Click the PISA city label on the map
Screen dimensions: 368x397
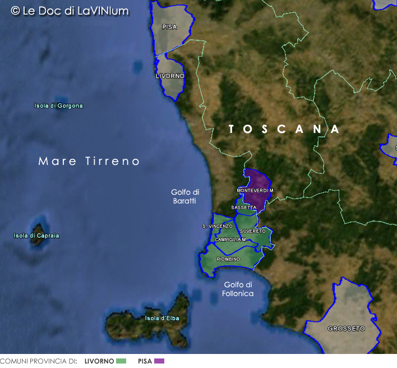tap(169, 27)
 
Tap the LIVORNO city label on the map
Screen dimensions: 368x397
tap(170, 76)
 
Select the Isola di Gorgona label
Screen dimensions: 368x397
tap(58, 106)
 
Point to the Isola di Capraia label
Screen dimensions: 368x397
tap(36, 236)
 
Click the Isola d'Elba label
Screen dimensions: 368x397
tap(162, 319)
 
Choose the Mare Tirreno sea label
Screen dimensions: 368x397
tap(89, 161)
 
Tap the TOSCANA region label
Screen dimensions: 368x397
tap(284, 130)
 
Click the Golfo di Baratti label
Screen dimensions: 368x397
tap(185, 196)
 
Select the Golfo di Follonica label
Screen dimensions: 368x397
tap(238, 289)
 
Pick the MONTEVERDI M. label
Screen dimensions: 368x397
tap(255, 191)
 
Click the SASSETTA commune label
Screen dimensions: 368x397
tap(243, 208)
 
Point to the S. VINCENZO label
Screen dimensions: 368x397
tap(217, 226)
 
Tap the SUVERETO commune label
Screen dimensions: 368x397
tap(252, 231)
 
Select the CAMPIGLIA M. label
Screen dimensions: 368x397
tap(230, 240)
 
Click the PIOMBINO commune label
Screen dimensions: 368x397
tap(228, 259)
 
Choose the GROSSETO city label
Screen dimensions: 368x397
tap(346, 328)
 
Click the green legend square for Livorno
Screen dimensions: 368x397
tap(121, 361)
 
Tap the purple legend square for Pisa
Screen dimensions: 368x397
tap(159, 361)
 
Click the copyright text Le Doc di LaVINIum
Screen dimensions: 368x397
tap(70, 11)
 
